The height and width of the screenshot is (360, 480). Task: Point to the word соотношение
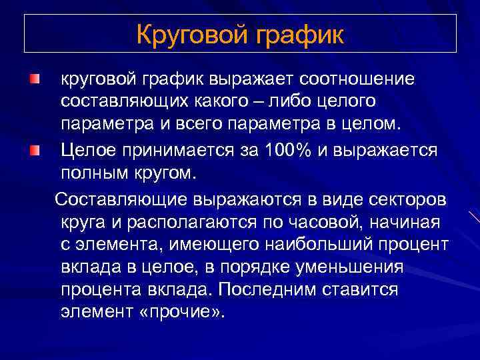pyautogui.click(x=358, y=79)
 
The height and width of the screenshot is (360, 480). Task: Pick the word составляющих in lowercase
pyautogui.click(x=120, y=103)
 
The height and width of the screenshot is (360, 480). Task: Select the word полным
pyautogui.click(x=94, y=173)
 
